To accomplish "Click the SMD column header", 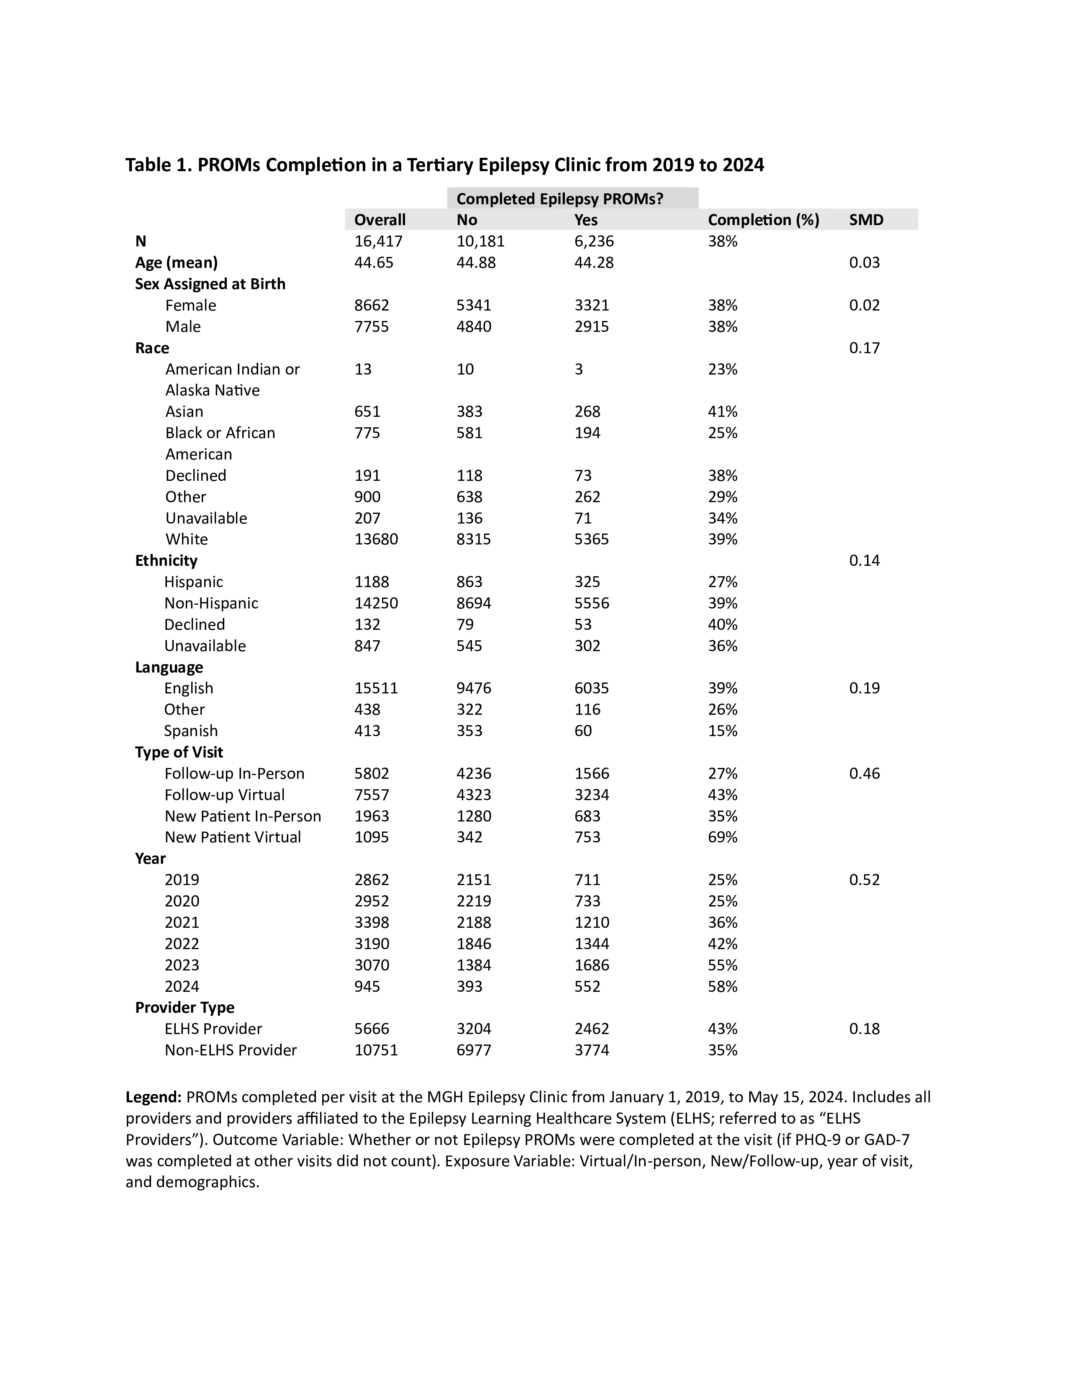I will pos(866,220).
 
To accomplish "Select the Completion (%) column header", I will pos(763,220).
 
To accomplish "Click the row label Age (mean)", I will pos(176,262).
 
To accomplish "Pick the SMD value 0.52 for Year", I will pos(864,880).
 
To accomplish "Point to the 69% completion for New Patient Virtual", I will pos(723,837).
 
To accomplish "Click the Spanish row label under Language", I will pos(191,731).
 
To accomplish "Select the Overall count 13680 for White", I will pos(376,539).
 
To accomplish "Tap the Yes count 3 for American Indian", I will pos(578,369).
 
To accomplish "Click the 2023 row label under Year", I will pos(182,965).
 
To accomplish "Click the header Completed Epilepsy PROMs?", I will pos(559,199).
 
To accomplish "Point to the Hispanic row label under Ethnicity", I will pos(193,582).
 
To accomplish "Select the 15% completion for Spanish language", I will pos(723,731).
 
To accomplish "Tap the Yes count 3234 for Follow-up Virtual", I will pos(592,795).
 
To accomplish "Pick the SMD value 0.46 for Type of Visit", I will pos(864,773).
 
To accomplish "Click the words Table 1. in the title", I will pos(159,165).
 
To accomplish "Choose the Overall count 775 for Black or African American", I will pos(367,433).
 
